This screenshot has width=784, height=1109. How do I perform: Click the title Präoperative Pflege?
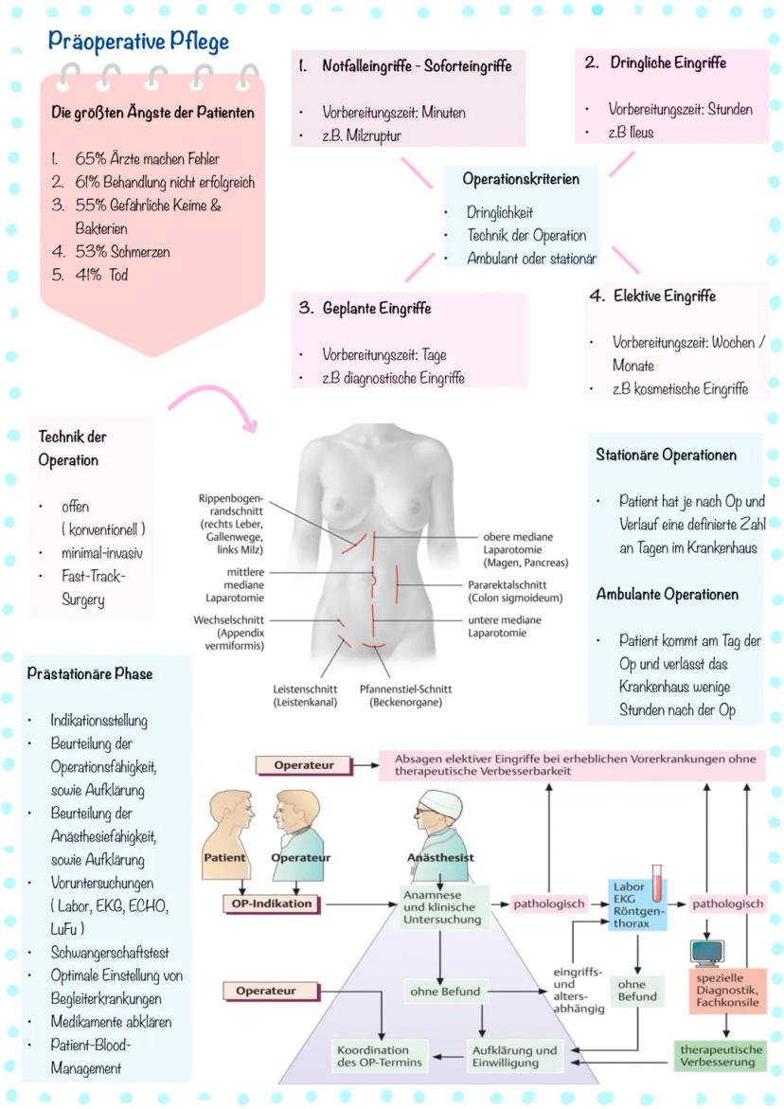[x=139, y=43]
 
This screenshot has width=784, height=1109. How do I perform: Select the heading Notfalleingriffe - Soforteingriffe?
[x=417, y=66]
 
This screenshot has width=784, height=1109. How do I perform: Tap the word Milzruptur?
[x=376, y=135]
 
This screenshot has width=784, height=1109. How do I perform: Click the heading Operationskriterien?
[x=521, y=178]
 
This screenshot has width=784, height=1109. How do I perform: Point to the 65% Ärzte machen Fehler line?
[x=147, y=158]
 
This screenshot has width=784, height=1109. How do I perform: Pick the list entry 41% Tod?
[x=101, y=276]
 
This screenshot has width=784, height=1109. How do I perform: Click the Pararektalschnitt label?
[x=515, y=592]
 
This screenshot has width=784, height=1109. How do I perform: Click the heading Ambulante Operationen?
[x=667, y=595]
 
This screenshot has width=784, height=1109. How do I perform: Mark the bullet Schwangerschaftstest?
[x=110, y=952]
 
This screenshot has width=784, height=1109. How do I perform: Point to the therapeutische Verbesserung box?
[x=722, y=1056]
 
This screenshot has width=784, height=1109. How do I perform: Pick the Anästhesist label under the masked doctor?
[x=439, y=858]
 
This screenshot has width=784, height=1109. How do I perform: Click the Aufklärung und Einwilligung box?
[x=514, y=1057]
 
